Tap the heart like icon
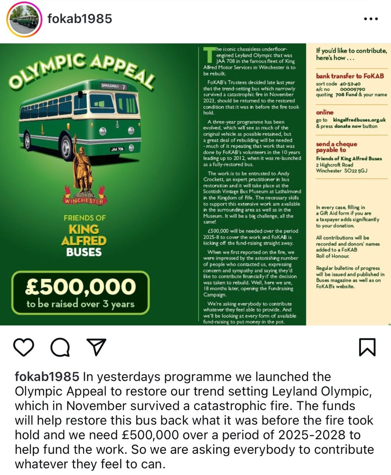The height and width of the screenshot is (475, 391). coord(24,347)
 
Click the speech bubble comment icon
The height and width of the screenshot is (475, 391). coord(60,347)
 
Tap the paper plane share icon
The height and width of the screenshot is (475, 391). coord(96,347)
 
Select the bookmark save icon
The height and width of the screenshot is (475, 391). coord(367,347)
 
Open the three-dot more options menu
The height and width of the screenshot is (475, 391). coord(371,19)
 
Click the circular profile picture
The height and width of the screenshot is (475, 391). coord(24,20)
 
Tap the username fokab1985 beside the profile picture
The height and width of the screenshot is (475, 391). coord(80,19)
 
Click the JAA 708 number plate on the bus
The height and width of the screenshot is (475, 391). coord(117,149)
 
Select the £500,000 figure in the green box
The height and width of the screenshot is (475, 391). coord(80,286)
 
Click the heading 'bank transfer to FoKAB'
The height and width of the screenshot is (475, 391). coord(350,76)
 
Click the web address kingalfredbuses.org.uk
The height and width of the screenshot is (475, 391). coord(359,120)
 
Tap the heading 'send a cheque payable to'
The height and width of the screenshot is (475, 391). coord(336,147)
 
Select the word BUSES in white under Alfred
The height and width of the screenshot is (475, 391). coord(84,252)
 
